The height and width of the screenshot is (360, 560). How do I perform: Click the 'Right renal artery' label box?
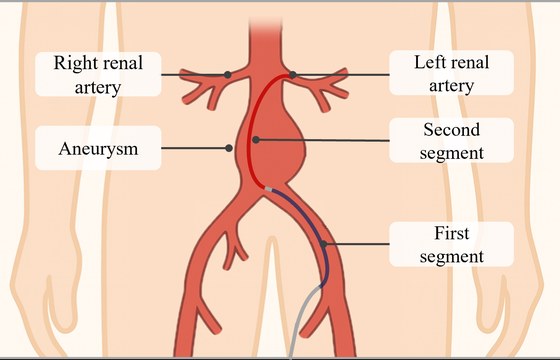coord(98,74)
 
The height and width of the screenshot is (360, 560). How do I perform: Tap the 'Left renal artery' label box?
coord(451,73)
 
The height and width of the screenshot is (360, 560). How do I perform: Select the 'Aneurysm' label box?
coord(98,148)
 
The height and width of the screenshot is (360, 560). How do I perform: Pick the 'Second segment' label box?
coord(451,140)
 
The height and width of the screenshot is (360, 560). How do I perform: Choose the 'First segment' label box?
coord(451,244)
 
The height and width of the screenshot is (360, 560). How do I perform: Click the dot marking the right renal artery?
coord(228,75)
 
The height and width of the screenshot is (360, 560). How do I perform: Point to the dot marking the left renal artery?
coord(293,75)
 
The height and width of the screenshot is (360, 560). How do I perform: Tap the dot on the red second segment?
coord(256,140)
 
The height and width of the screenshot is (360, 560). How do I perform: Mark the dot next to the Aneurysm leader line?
coord(229,148)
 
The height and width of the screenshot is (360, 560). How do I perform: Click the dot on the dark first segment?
coord(324,244)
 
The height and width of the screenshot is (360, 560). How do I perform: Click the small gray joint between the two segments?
coord(269,189)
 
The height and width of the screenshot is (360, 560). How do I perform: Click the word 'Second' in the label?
coord(451,129)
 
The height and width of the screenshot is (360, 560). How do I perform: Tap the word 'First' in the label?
coord(451,233)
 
